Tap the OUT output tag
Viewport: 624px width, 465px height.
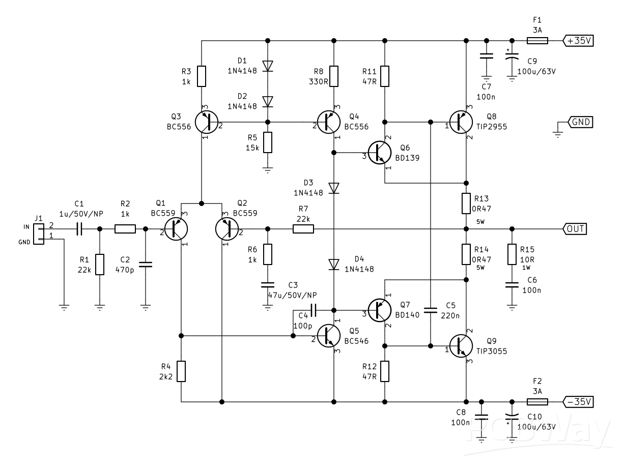click(x=575, y=229)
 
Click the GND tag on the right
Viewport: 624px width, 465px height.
click(x=580, y=123)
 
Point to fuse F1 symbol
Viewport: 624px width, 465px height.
click(x=536, y=41)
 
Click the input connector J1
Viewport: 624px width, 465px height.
click(x=38, y=234)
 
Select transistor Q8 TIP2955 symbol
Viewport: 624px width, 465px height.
click(x=462, y=123)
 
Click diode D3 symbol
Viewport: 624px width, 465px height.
click(x=334, y=188)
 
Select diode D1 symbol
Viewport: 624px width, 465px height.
click(x=268, y=66)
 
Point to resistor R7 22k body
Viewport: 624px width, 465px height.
click(x=303, y=229)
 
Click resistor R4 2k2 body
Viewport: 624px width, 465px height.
click(x=181, y=371)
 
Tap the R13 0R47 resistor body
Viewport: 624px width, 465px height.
click(x=466, y=204)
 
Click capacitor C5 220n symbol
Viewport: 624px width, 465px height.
click(x=431, y=310)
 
